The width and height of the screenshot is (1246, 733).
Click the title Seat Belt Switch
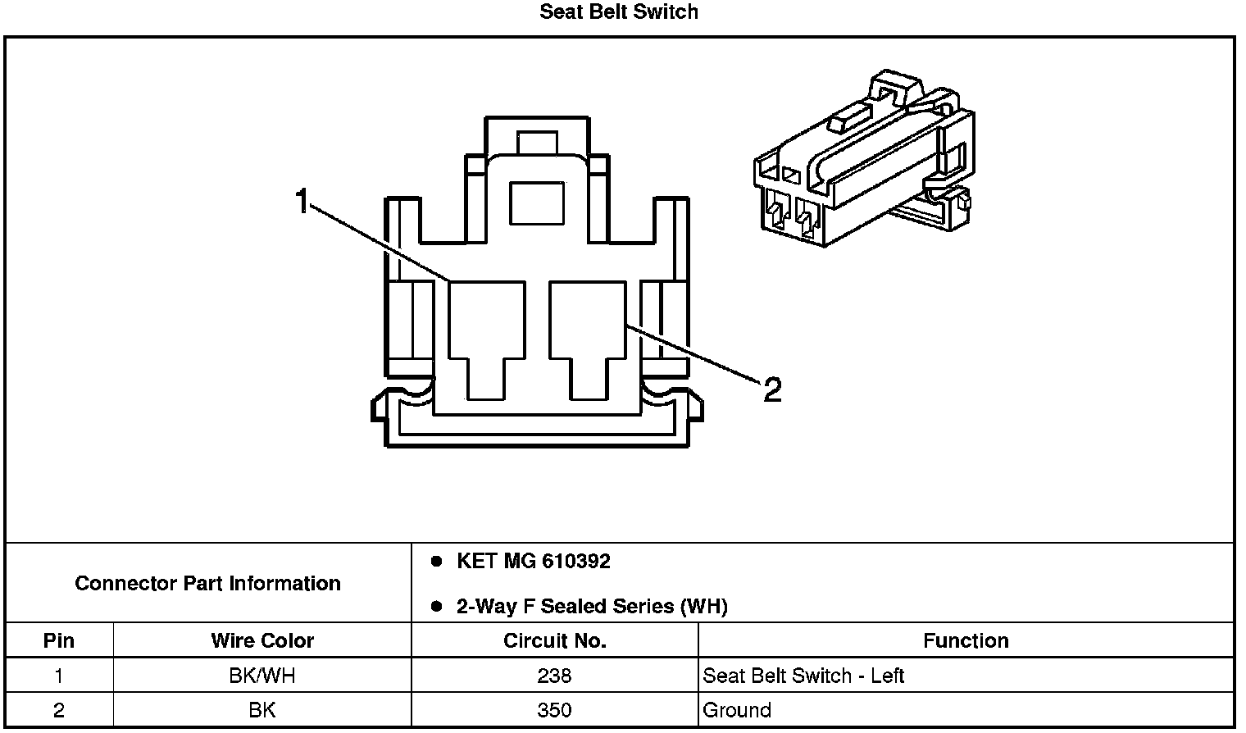pyautogui.click(x=619, y=12)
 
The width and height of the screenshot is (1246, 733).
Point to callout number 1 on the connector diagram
pyautogui.click(x=302, y=200)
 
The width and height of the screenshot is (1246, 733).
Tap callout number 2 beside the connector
pyautogui.click(x=771, y=390)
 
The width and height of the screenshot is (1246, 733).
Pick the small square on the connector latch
pyautogui.click(x=537, y=203)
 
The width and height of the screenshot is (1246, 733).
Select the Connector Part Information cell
pyautogui.click(x=208, y=583)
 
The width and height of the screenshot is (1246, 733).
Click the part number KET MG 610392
pyautogui.click(x=533, y=562)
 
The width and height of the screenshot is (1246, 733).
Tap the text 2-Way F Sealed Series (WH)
pyautogui.click(x=591, y=607)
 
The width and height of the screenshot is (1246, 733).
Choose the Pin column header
pyautogui.click(x=58, y=640)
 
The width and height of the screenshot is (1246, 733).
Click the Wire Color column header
pyautogui.click(x=262, y=640)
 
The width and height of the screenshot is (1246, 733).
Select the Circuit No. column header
pyautogui.click(x=554, y=640)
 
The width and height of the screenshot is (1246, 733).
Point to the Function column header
pyautogui.click(x=966, y=640)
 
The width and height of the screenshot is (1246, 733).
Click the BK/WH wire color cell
pyautogui.click(x=262, y=676)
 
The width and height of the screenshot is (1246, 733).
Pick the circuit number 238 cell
pyautogui.click(x=554, y=676)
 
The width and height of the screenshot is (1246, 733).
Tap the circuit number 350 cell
pyautogui.click(x=554, y=710)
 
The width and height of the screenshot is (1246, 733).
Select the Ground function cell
pyautogui.click(x=737, y=710)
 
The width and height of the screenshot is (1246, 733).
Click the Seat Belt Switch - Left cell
pyautogui.click(x=803, y=676)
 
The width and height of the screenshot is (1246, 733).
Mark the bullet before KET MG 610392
pyautogui.click(x=437, y=562)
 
